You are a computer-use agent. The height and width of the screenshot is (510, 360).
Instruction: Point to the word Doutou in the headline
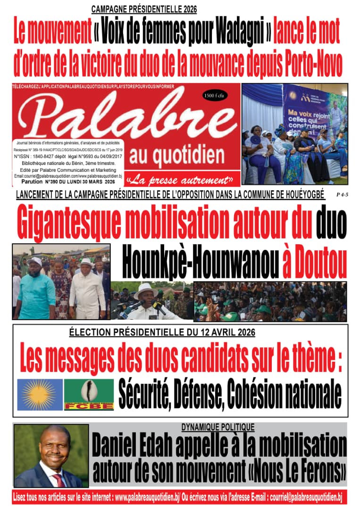pyautogui.click(x=315, y=259)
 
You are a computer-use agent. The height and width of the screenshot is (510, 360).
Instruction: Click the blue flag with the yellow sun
pyautogui.click(x=40, y=394)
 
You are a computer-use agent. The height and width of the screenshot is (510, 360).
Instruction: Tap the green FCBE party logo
pyautogui.click(x=89, y=394)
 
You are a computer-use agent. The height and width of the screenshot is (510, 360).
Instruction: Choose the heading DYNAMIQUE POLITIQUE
pyautogui.click(x=218, y=427)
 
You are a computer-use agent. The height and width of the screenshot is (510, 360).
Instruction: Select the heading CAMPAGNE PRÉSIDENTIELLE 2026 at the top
pyautogui.click(x=144, y=9)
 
